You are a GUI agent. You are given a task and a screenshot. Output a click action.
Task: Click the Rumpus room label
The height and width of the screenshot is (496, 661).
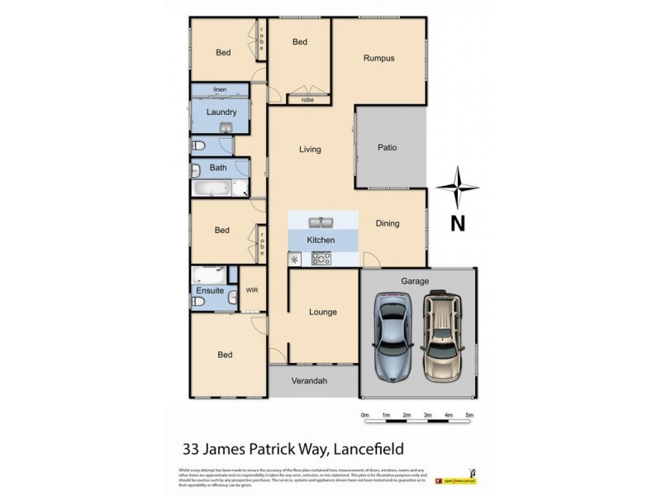(379, 58)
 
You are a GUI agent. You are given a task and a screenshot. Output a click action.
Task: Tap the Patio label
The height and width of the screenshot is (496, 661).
(387, 148)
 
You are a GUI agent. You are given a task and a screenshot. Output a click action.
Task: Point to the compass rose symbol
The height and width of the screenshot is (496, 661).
(457, 187)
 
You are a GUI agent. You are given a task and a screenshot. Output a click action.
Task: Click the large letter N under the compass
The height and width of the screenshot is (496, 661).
(457, 222)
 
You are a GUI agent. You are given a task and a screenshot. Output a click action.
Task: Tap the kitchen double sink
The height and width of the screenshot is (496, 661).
(321, 222)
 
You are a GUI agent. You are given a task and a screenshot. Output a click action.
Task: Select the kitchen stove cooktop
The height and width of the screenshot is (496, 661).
(321, 259)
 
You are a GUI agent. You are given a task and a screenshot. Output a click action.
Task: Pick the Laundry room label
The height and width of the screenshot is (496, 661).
(221, 112)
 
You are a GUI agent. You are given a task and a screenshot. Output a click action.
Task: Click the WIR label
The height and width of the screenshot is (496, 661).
(252, 290)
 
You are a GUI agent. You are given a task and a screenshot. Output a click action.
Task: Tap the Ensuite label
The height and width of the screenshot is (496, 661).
(209, 291)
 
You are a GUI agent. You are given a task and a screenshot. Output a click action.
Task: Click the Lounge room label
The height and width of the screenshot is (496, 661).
(322, 312)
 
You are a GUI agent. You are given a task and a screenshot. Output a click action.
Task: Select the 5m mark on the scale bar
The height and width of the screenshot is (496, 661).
(469, 415)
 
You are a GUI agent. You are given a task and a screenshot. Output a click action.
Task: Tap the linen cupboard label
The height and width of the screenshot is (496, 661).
(220, 89)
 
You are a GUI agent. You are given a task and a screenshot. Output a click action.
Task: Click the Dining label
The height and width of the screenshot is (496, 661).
(387, 223)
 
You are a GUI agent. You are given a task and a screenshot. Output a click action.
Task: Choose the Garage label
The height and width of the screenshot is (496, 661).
(415, 281)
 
